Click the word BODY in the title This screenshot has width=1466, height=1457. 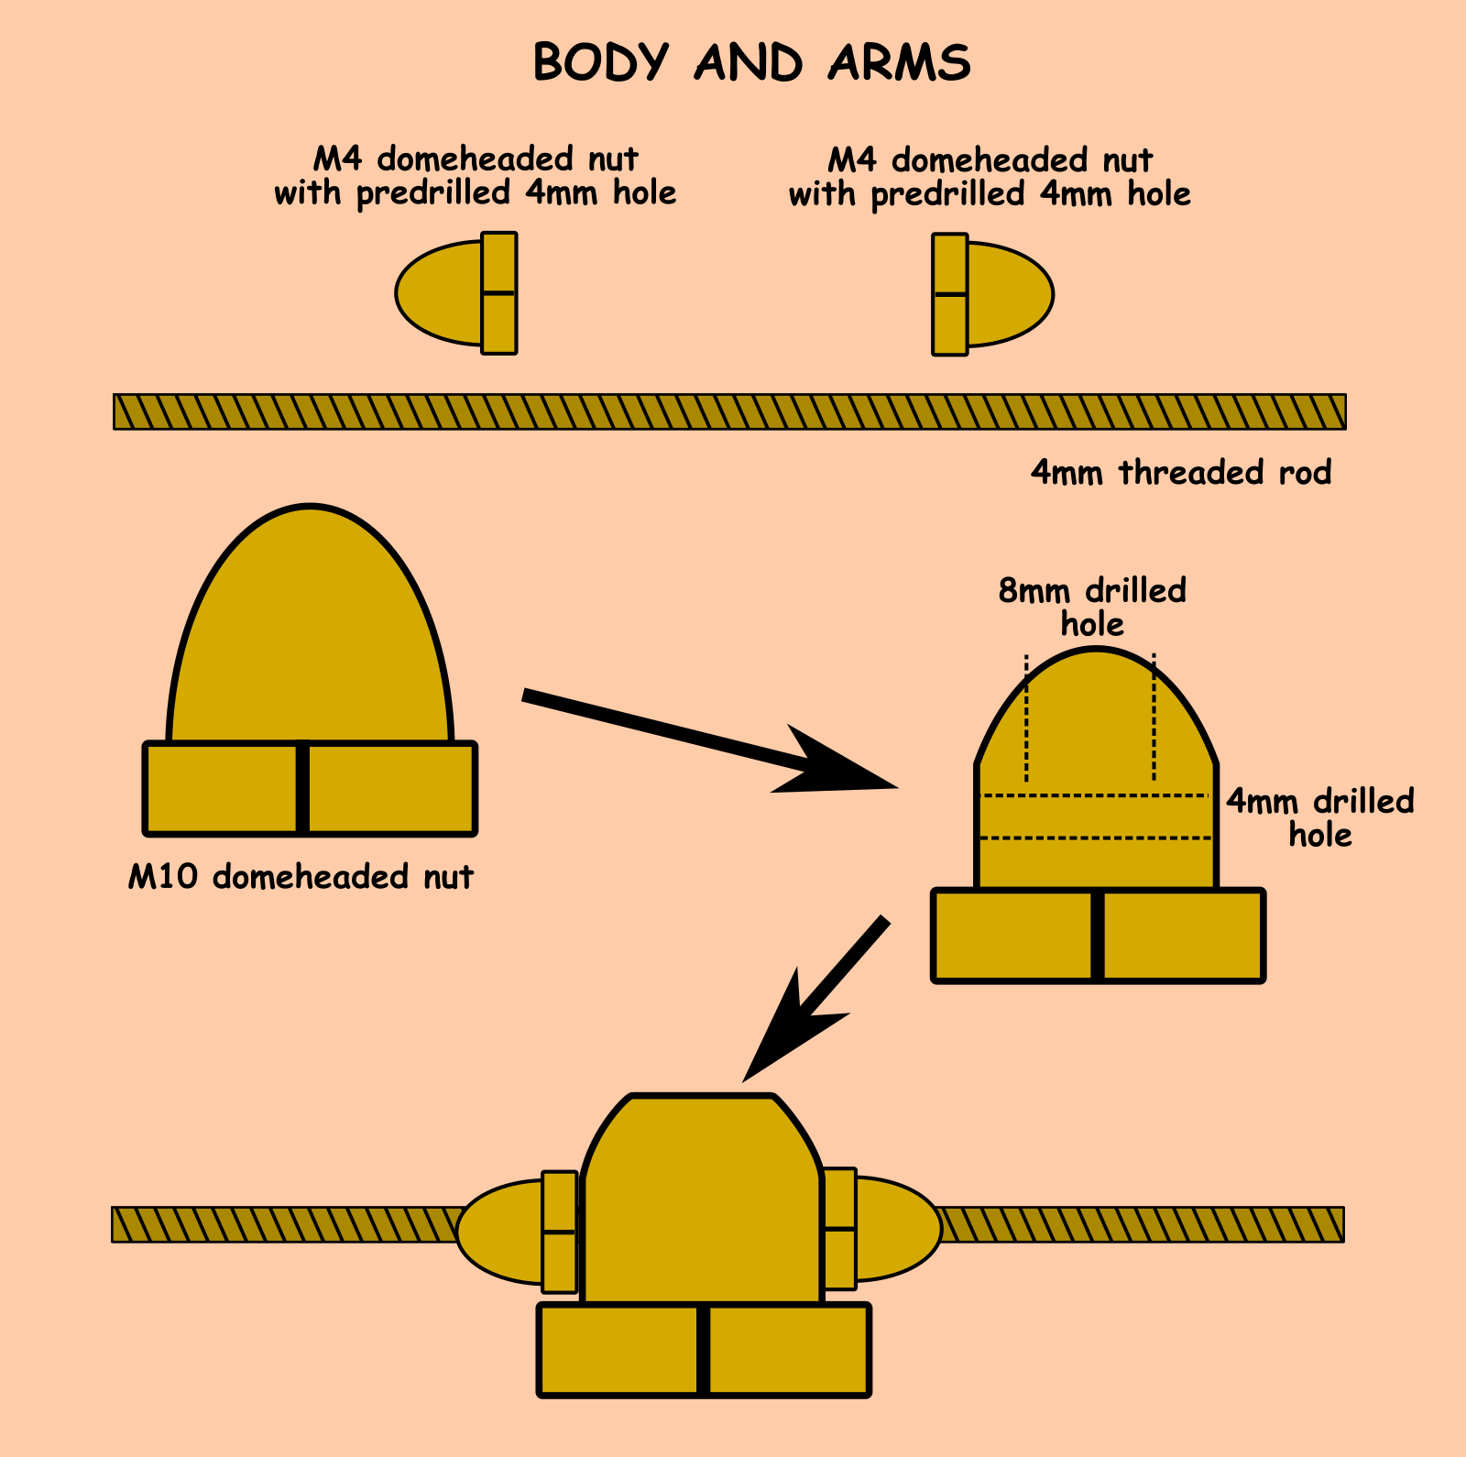pos(600,63)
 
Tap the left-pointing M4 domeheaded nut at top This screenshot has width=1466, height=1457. pos(456,293)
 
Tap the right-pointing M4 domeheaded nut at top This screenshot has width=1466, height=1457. pos(993,294)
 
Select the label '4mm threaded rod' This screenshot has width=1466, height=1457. pos(1180,473)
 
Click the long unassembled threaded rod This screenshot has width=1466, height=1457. pos(729,411)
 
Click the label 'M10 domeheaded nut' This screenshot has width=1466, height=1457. pos(301,877)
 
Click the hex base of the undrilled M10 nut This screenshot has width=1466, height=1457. pos(310,788)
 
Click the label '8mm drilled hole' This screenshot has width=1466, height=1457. pos(1092,607)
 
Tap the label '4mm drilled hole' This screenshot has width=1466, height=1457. pos(1319,817)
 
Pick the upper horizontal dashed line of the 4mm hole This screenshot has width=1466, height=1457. pos(1096,795)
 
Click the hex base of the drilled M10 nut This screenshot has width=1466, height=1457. pos(1098,936)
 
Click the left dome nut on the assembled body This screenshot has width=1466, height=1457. pos(513,1232)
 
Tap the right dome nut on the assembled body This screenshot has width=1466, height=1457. pos(885,1228)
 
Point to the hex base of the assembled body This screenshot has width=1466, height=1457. pos(704,1350)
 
